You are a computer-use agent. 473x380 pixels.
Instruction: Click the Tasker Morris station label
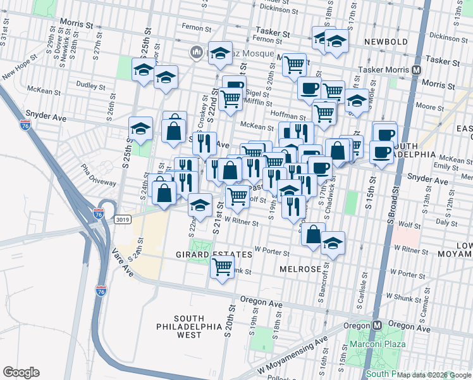click(x=384, y=70)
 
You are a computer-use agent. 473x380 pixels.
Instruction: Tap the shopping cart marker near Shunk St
click(x=222, y=267)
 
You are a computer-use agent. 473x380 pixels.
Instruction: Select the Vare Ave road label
click(x=124, y=263)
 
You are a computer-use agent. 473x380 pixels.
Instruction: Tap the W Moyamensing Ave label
click(x=292, y=359)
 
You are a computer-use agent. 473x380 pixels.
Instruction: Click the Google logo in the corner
click(x=21, y=372)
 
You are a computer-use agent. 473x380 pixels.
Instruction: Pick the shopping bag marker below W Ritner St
click(x=313, y=234)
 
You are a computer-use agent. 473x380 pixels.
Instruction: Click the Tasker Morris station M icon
click(x=417, y=70)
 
